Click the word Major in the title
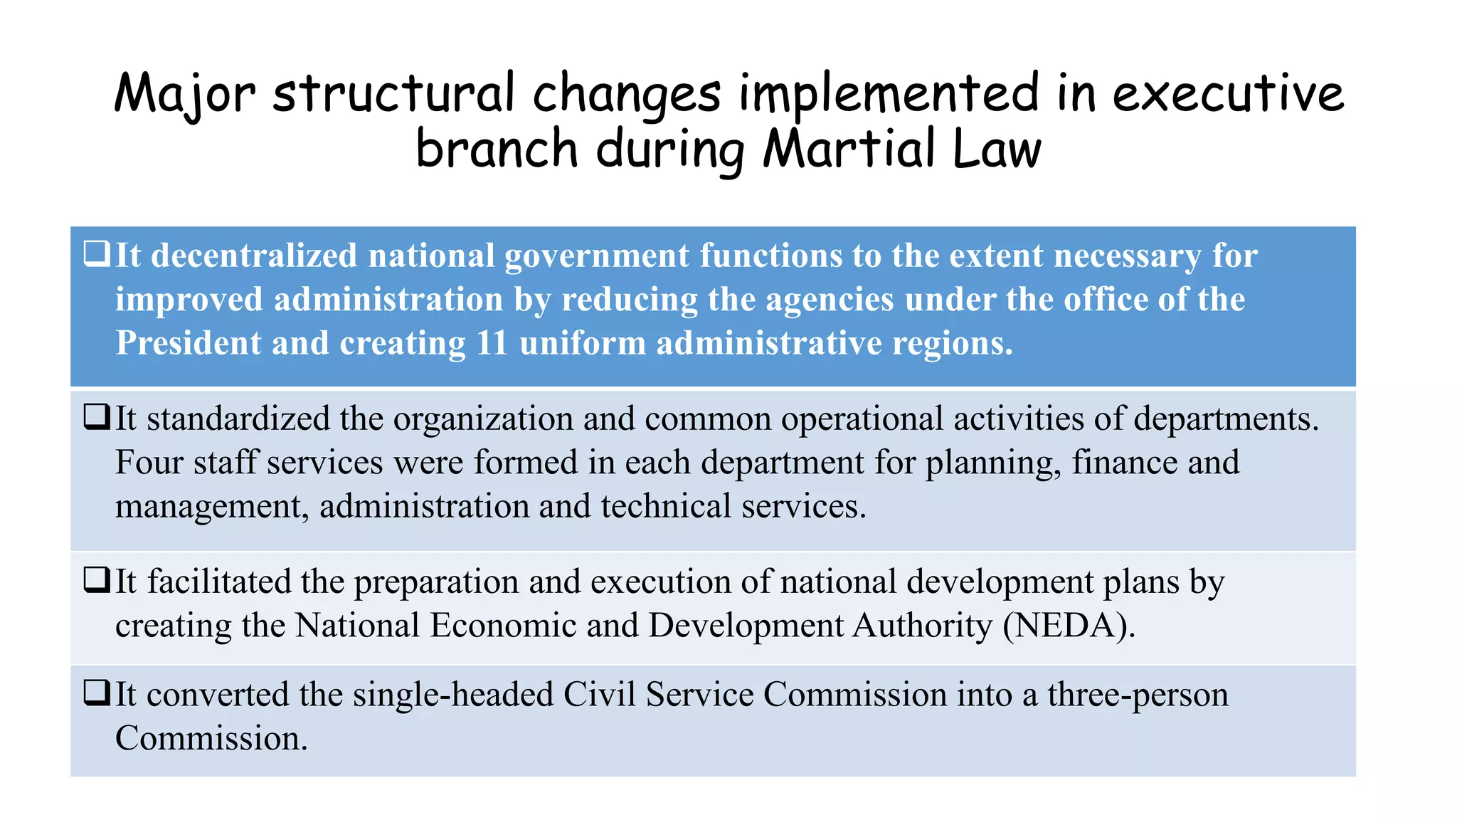[184, 94]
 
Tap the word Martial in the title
[849, 149]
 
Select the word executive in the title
[1228, 94]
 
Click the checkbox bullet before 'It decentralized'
[96, 253]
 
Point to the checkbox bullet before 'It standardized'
[96, 416]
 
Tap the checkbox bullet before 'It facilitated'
[96, 579]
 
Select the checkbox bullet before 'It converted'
[96, 692]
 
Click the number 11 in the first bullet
[492, 343]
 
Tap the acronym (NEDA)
[1069, 626]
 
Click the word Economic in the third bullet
[503, 626]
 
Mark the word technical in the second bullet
[666, 506]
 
